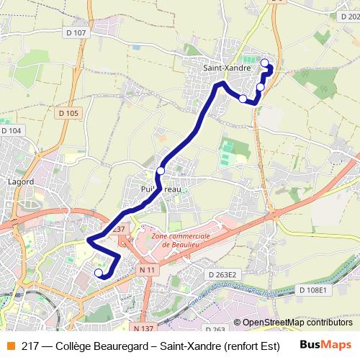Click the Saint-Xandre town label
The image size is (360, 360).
[226, 68]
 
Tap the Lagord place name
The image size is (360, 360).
[20, 181]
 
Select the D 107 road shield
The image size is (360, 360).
[74, 32]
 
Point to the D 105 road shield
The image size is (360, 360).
[69, 113]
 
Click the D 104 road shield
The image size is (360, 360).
[12, 130]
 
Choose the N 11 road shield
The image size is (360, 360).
[148, 269]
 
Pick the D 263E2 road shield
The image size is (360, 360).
[222, 275]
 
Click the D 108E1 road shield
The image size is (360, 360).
[312, 289]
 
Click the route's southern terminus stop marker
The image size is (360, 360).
[99, 273]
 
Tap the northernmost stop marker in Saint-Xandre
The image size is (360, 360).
[264, 62]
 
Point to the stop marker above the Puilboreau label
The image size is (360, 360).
[161, 171]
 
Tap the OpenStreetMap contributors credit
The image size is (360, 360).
[297, 323]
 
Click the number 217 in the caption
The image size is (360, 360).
[30, 344]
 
